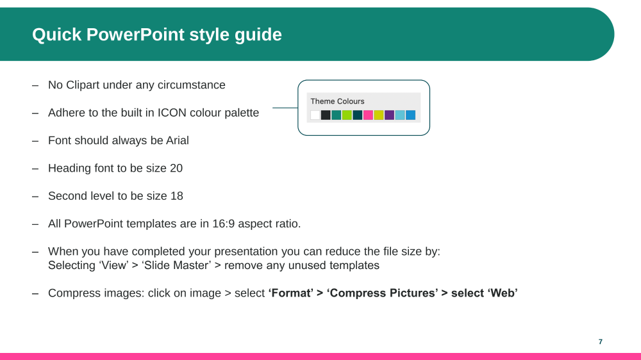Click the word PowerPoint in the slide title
tap(135, 35)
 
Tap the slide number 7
tap(601, 341)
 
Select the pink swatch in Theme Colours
tap(368, 115)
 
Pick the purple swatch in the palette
tap(389, 115)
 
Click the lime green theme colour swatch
tap(347, 115)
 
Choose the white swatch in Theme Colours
tap(315, 115)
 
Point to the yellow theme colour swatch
tap(379, 115)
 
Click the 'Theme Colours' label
tap(337, 101)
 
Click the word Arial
tap(178, 140)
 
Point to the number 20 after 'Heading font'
tap(176, 168)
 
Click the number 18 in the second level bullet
tap(177, 196)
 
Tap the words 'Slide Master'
tap(176, 266)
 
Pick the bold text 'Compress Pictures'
tap(382, 293)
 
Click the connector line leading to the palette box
tap(285, 108)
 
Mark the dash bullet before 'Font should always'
tap(35, 141)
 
